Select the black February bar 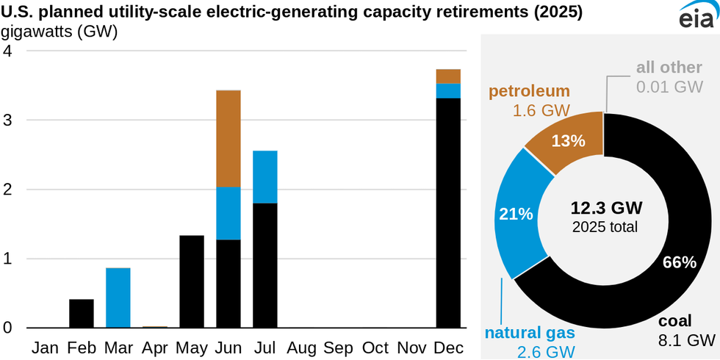[82, 313]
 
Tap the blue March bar [118, 298]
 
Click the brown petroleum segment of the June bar [228, 138]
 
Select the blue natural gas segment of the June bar [228, 213]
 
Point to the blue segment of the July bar [265, 176]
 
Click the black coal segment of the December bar [449, 212]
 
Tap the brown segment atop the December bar [449, 76]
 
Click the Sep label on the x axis [338, 346]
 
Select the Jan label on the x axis [45, 346]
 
